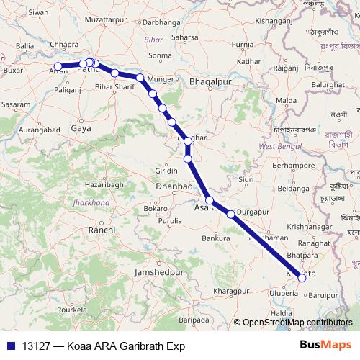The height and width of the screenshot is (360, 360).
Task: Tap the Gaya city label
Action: pyautogui.click(x=81, y=128)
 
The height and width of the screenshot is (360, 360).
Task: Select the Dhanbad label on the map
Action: pyautogui.click(x=174, y=186)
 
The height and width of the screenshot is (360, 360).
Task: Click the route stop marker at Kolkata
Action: pyautogui.click(x=302, y=278)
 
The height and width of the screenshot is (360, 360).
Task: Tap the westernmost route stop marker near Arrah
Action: pyautogui.click(x=58, y=67)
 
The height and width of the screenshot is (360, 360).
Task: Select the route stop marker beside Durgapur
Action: pyautogui.click(x=230, y=214)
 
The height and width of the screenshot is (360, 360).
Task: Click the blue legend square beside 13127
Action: pyautogui.click(x=10, y=346)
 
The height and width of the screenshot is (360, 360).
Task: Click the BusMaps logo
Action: pyautogui.click(x=324, y=346)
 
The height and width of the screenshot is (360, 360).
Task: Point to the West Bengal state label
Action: pyautogui.click(x=279, y=146)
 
